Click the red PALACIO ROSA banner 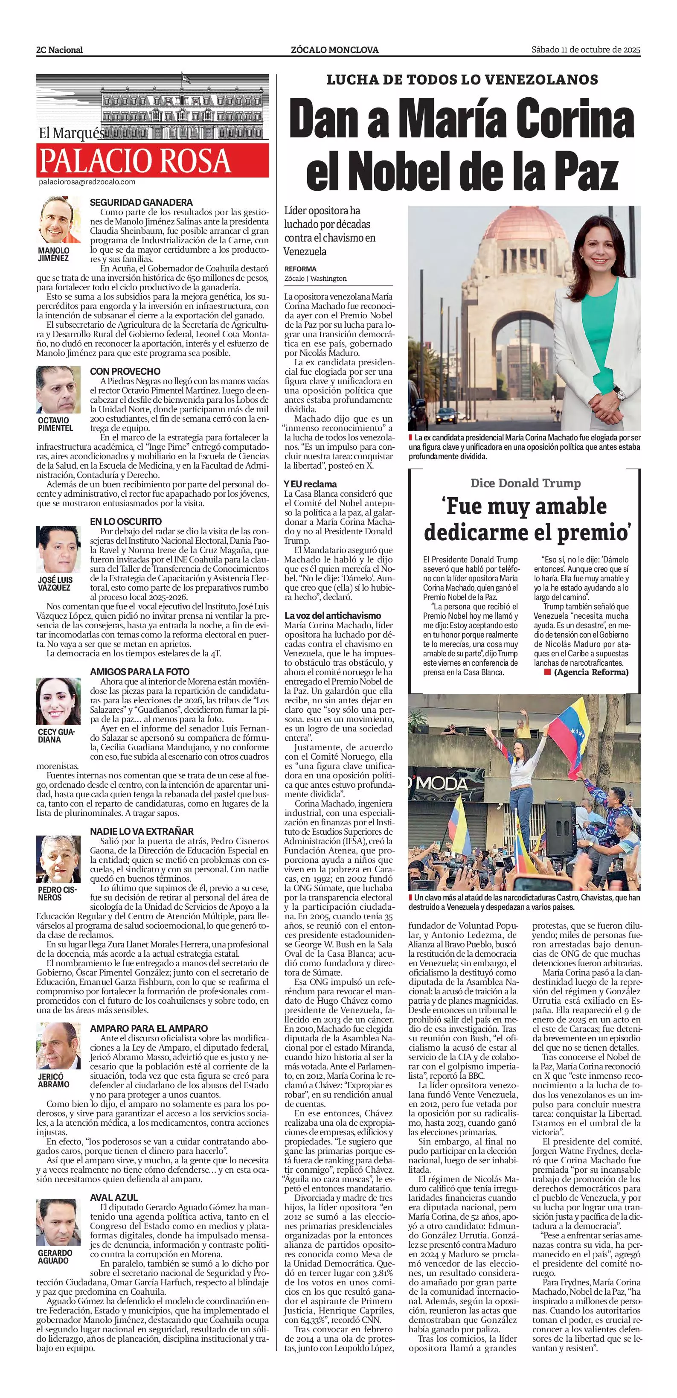click(x=152, y=160)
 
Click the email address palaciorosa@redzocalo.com click(x=87, y=182)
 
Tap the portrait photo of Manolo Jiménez click(x=58, y=220)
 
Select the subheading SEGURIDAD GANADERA click(x=141, y=202)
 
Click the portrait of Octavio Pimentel click(x=58, y=390)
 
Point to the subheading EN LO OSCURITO click(x=126, y=521)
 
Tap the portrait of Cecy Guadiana click(x=58, y=701)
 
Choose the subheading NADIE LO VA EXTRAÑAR click(x=142, y=831)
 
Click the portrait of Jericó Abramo click(x=58, y=1046)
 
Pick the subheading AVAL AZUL click(x=114, y=1197)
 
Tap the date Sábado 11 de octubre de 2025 click(x=586, y=50)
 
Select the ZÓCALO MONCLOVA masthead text click(x=335, y=50)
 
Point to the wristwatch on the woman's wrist click(x=616, y=390)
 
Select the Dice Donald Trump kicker click(x=525, y=483)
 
